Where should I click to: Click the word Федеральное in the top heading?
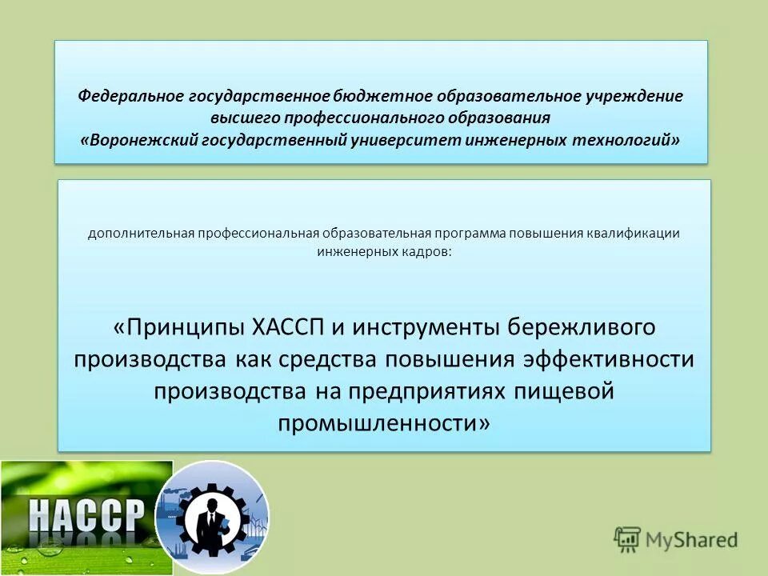(130, 96)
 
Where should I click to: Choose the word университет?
(402, 140)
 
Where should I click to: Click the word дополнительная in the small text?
(134, 234)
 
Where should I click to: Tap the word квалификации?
(638, 234)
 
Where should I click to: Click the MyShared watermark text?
(688, 540)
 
